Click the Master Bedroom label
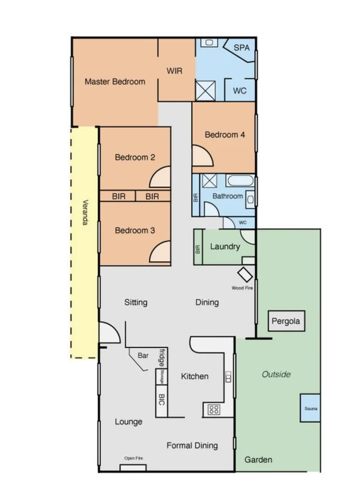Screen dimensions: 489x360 pyautogui.click(x=114, y=82)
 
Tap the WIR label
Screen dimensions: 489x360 pyautogui.click(x=175, y=71)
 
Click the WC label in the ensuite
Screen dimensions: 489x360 pyautogui.click(x=240, y=91)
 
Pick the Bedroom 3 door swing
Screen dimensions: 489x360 pyautogui.click(x=161, y=251)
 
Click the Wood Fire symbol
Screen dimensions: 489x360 pyautogui.click(x=246, y=274)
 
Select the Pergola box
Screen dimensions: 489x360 pyautogui.click(x=287, y=322)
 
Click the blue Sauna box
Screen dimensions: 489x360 pyautogui.click(x=311, y=408)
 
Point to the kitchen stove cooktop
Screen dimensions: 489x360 pyautogui.click(x=213, y=410)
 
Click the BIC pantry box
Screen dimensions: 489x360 pyautogui.click(x=161, y=400)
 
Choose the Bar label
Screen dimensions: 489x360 pyautogui.click(x=143, y=355)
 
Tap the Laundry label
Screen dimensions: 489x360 pyautogui.click(x=225, y=247)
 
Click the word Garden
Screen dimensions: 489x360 pyautogui.click(x=258, y=459)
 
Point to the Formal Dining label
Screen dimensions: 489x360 pyautogui.click(x=192, y=445)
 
